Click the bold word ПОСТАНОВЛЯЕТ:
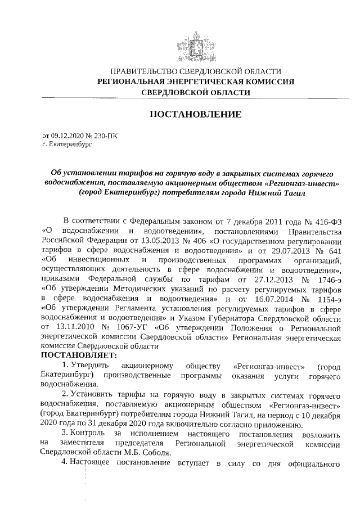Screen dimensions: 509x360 [78, 355]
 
